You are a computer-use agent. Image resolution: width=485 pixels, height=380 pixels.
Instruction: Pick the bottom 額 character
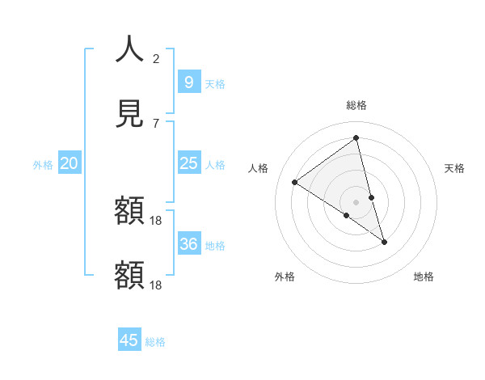coord(129,275)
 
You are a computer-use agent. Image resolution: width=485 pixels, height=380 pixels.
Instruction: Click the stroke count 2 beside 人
coord(156,58)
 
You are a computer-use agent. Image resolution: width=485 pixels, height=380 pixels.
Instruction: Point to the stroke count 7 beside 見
coord(156,123)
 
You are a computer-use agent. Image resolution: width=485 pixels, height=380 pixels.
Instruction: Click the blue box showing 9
coord(188,82)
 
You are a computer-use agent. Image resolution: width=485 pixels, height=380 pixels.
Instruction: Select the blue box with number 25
coord(188,163)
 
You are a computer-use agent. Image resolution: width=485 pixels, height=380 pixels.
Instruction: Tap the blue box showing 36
coord(188,243)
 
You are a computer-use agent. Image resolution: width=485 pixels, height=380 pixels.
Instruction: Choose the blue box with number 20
coord(69,163)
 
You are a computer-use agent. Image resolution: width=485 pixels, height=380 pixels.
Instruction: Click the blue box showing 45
coord(129,340)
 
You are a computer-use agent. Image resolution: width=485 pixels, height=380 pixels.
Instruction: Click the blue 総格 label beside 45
coord(156,342)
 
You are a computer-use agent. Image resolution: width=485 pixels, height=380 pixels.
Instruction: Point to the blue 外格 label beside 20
coord(43,165)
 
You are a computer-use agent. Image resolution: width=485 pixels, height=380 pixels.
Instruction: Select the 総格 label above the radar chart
coord(356,105)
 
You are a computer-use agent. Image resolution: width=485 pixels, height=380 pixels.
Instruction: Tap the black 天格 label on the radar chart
coord(455,168)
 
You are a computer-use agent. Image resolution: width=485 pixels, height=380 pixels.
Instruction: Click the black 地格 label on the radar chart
coord(424,277)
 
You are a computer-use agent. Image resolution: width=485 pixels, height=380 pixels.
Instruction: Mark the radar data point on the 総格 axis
coord(356,138)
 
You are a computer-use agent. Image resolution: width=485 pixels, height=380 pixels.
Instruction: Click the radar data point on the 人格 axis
coord(295,182)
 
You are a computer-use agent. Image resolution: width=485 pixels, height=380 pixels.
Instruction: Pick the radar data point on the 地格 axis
coord(385,242)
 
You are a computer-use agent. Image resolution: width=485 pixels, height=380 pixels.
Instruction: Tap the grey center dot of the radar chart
coord(356,201)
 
